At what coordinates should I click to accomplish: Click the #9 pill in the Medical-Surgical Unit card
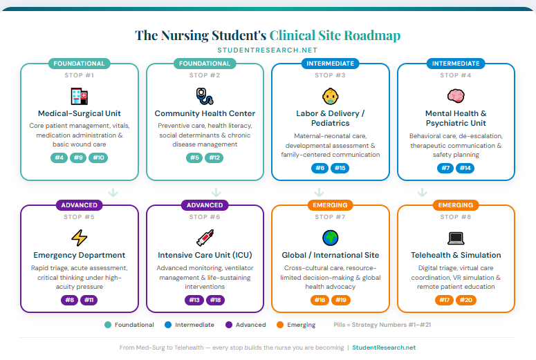79,158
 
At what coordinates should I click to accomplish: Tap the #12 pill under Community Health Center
214,158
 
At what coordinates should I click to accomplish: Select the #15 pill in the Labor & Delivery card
340,169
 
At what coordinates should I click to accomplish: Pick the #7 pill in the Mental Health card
445,169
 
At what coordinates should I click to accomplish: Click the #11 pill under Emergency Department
89,300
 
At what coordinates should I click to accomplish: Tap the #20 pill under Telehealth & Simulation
465,300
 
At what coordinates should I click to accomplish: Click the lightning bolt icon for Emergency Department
79,238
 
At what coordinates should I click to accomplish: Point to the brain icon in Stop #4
456,96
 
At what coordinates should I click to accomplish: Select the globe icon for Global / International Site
330,238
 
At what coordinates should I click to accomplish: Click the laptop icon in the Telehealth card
456,238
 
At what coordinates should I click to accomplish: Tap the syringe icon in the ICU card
205,238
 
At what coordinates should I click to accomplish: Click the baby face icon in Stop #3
330,96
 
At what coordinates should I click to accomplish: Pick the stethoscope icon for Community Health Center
205,96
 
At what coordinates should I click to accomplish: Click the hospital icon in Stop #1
79,96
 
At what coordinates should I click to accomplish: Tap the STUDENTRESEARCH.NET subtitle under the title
267,50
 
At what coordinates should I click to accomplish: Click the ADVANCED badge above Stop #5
80,205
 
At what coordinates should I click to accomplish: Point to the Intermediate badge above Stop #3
330,64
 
